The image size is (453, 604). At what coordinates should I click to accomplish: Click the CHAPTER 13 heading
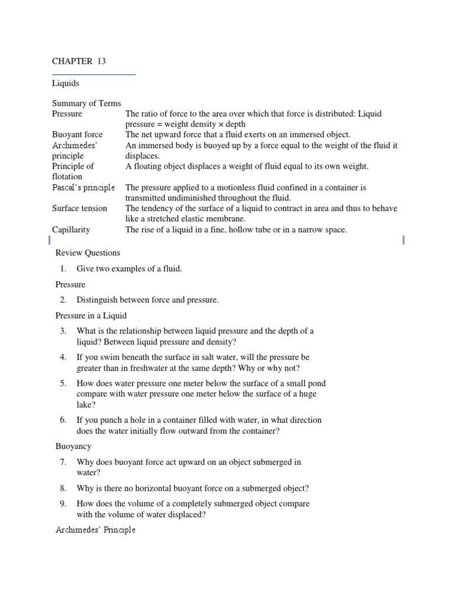(x=79, y=61)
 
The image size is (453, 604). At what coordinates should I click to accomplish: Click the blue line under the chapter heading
(x=94, y=75)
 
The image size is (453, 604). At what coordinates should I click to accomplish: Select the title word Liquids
(x=65, y=83)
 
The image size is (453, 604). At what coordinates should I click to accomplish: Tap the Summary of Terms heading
(x=87, y=103)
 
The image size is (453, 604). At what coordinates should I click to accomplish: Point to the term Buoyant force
(x=77, y=134)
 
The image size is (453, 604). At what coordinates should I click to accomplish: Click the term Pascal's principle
(x=83, y=188)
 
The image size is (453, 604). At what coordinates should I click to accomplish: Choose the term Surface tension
(x=80, y=208)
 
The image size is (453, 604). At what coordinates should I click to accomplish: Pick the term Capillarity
(x=71, y=229)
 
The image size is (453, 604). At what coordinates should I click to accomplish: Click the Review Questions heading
(x=88, y=252)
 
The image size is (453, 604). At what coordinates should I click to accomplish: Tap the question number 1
(x=63, y=269)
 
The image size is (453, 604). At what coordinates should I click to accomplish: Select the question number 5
(x=63, y=383)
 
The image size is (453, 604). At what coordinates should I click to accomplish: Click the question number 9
(x=63, y=504)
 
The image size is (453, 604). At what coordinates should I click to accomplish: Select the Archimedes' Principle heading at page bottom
(x=96, y=530)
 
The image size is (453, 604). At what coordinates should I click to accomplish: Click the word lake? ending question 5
(x=86, y=405)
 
